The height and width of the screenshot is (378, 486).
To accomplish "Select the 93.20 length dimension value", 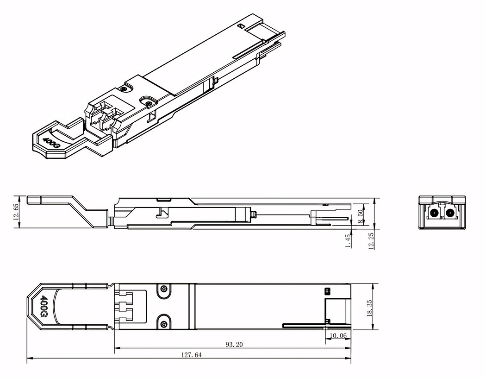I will pos(234,345).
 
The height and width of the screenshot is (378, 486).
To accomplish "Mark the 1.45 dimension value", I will pos(348,239).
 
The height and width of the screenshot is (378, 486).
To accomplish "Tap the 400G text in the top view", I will pos(44,307).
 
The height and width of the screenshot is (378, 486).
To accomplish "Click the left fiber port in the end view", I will pos(435,214).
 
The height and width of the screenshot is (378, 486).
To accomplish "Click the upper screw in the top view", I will pos(163,290).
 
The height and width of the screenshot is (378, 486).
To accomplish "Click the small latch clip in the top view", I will pos(328,291).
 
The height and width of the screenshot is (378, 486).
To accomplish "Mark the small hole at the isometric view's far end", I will pos(241,26).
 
